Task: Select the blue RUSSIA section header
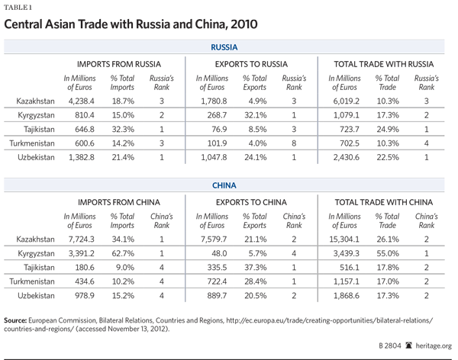(x=228, y=47)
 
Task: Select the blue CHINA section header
(x=228, y=185)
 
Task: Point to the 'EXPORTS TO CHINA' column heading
(x=250, y=202)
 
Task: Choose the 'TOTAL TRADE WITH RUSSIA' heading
(x=385, y=63)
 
